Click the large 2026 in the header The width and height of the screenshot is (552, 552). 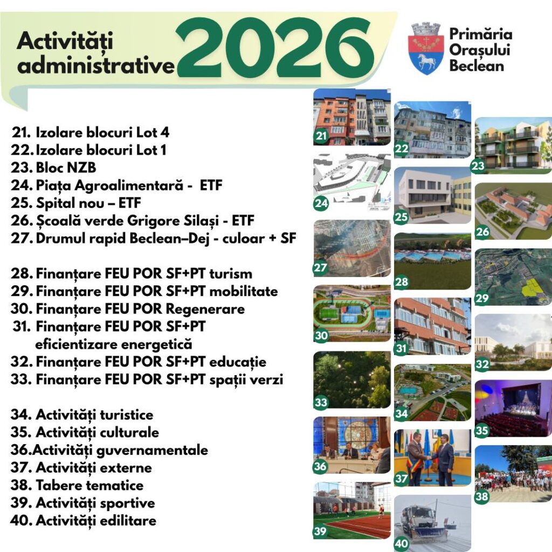[x=274, y=48]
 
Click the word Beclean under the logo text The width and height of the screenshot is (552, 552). [x=477, y=65]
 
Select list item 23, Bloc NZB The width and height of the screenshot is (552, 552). [x=53, y=168]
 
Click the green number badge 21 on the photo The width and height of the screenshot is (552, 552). [x=321, y=135]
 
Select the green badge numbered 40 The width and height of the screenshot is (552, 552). [x=402, y=544]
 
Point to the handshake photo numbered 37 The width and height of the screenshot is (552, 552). [x=432, y=457]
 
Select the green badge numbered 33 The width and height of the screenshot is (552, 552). [x=321, y=402]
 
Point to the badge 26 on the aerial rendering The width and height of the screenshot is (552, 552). [x=482, y=232]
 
